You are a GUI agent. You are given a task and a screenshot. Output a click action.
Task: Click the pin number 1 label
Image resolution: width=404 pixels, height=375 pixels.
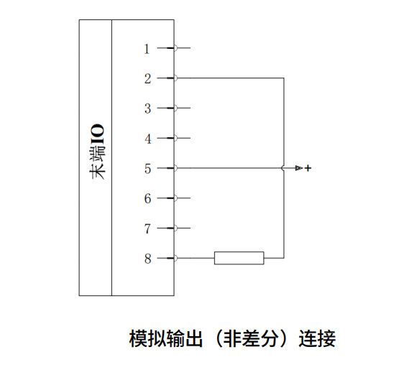click(x=147, y=49)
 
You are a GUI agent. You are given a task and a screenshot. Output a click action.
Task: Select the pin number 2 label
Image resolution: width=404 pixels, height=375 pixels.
click(x=147, y=79)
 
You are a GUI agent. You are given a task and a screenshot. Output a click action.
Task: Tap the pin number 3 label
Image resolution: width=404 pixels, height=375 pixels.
click(x=147, y=108)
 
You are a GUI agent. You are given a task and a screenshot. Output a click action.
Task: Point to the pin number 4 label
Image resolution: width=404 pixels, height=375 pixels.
click(x=148, y=139)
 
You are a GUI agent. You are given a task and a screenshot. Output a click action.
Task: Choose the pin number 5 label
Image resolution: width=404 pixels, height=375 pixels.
click(x=147, y=169)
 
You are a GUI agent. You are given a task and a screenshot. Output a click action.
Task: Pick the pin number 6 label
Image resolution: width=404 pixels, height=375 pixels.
click(x=147, y=199)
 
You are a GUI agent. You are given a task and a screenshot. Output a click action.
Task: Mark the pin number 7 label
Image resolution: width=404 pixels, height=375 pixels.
click(x=147, y=228)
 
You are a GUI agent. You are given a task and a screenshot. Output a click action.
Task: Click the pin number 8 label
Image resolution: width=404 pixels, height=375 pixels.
click(x=147, y=259)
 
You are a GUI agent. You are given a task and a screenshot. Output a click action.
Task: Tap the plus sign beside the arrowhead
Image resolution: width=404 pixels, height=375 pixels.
click(x=308, y=168)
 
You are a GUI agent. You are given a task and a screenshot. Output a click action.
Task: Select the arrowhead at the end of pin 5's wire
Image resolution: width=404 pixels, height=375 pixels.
click(x=298, y=168)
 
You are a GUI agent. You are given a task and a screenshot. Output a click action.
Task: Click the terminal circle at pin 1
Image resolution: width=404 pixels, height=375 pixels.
click(x=175, y=48)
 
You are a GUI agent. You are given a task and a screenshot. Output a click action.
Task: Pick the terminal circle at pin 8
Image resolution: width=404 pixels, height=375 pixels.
click(x=175, y=258)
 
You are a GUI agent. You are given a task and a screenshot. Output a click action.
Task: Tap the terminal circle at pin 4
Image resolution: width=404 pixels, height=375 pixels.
click(x=175, y=138)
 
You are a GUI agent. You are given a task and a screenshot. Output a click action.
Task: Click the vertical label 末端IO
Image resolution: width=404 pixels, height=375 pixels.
click(x=98, y=152)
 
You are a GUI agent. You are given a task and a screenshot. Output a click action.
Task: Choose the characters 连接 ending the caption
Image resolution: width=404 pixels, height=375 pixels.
click(x=317, y=338)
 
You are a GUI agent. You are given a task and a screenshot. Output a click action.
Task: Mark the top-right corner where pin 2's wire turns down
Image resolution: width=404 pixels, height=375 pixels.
click(x=284, y=78)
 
